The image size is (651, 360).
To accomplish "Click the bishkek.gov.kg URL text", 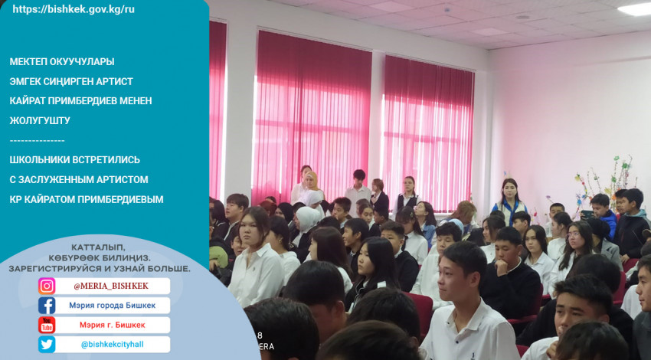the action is (74, 9).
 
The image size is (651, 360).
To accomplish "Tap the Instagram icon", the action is (47, 286).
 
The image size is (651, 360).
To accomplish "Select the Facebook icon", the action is (47, 306).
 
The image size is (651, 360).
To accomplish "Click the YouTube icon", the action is (47, 325).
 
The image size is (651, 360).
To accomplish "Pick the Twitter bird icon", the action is (47, 345).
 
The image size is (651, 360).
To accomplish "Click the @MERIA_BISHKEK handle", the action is (111, 286).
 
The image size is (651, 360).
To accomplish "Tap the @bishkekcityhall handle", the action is (112, 345).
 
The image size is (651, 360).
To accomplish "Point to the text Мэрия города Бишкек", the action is (112, 306).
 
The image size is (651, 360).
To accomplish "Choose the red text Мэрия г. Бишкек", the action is (112, 325).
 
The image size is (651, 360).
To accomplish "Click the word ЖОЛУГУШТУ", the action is (40, 120).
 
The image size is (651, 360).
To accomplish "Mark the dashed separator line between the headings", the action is (37, 141).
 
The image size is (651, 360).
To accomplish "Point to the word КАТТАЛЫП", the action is (98, 247).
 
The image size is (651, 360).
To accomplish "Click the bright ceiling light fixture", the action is (636, 9).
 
